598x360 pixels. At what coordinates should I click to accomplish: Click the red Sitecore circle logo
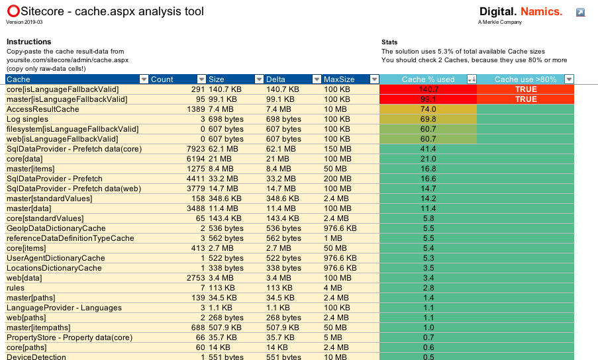point(13,11)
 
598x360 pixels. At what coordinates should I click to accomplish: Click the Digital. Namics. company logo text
point(520,12)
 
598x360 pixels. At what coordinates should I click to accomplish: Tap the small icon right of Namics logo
point(580,13)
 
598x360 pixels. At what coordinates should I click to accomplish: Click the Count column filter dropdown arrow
point(201,79)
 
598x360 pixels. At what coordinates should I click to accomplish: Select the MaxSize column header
point(339,79)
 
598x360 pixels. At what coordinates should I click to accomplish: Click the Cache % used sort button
point(472,79)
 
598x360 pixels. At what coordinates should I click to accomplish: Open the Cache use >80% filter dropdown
point(569,79)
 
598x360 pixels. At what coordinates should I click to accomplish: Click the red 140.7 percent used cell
point(428,89)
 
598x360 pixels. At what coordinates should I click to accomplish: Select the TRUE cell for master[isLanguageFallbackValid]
point(526,99)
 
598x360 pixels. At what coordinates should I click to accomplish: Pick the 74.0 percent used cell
point(428,109)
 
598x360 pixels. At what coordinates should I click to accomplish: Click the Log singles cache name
point(26,119)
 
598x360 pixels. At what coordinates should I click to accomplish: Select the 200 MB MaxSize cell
point(338,179)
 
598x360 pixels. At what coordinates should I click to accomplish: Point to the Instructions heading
point(28,42)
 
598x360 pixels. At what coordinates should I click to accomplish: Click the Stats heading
point(390,42)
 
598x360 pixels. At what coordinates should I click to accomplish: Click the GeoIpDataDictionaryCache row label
point(56,228)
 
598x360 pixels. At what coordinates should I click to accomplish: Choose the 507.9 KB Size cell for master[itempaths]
point(226,328)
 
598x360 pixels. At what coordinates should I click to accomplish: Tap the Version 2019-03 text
point(24,22)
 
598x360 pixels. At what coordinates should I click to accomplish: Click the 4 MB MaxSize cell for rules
point(334,288)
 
